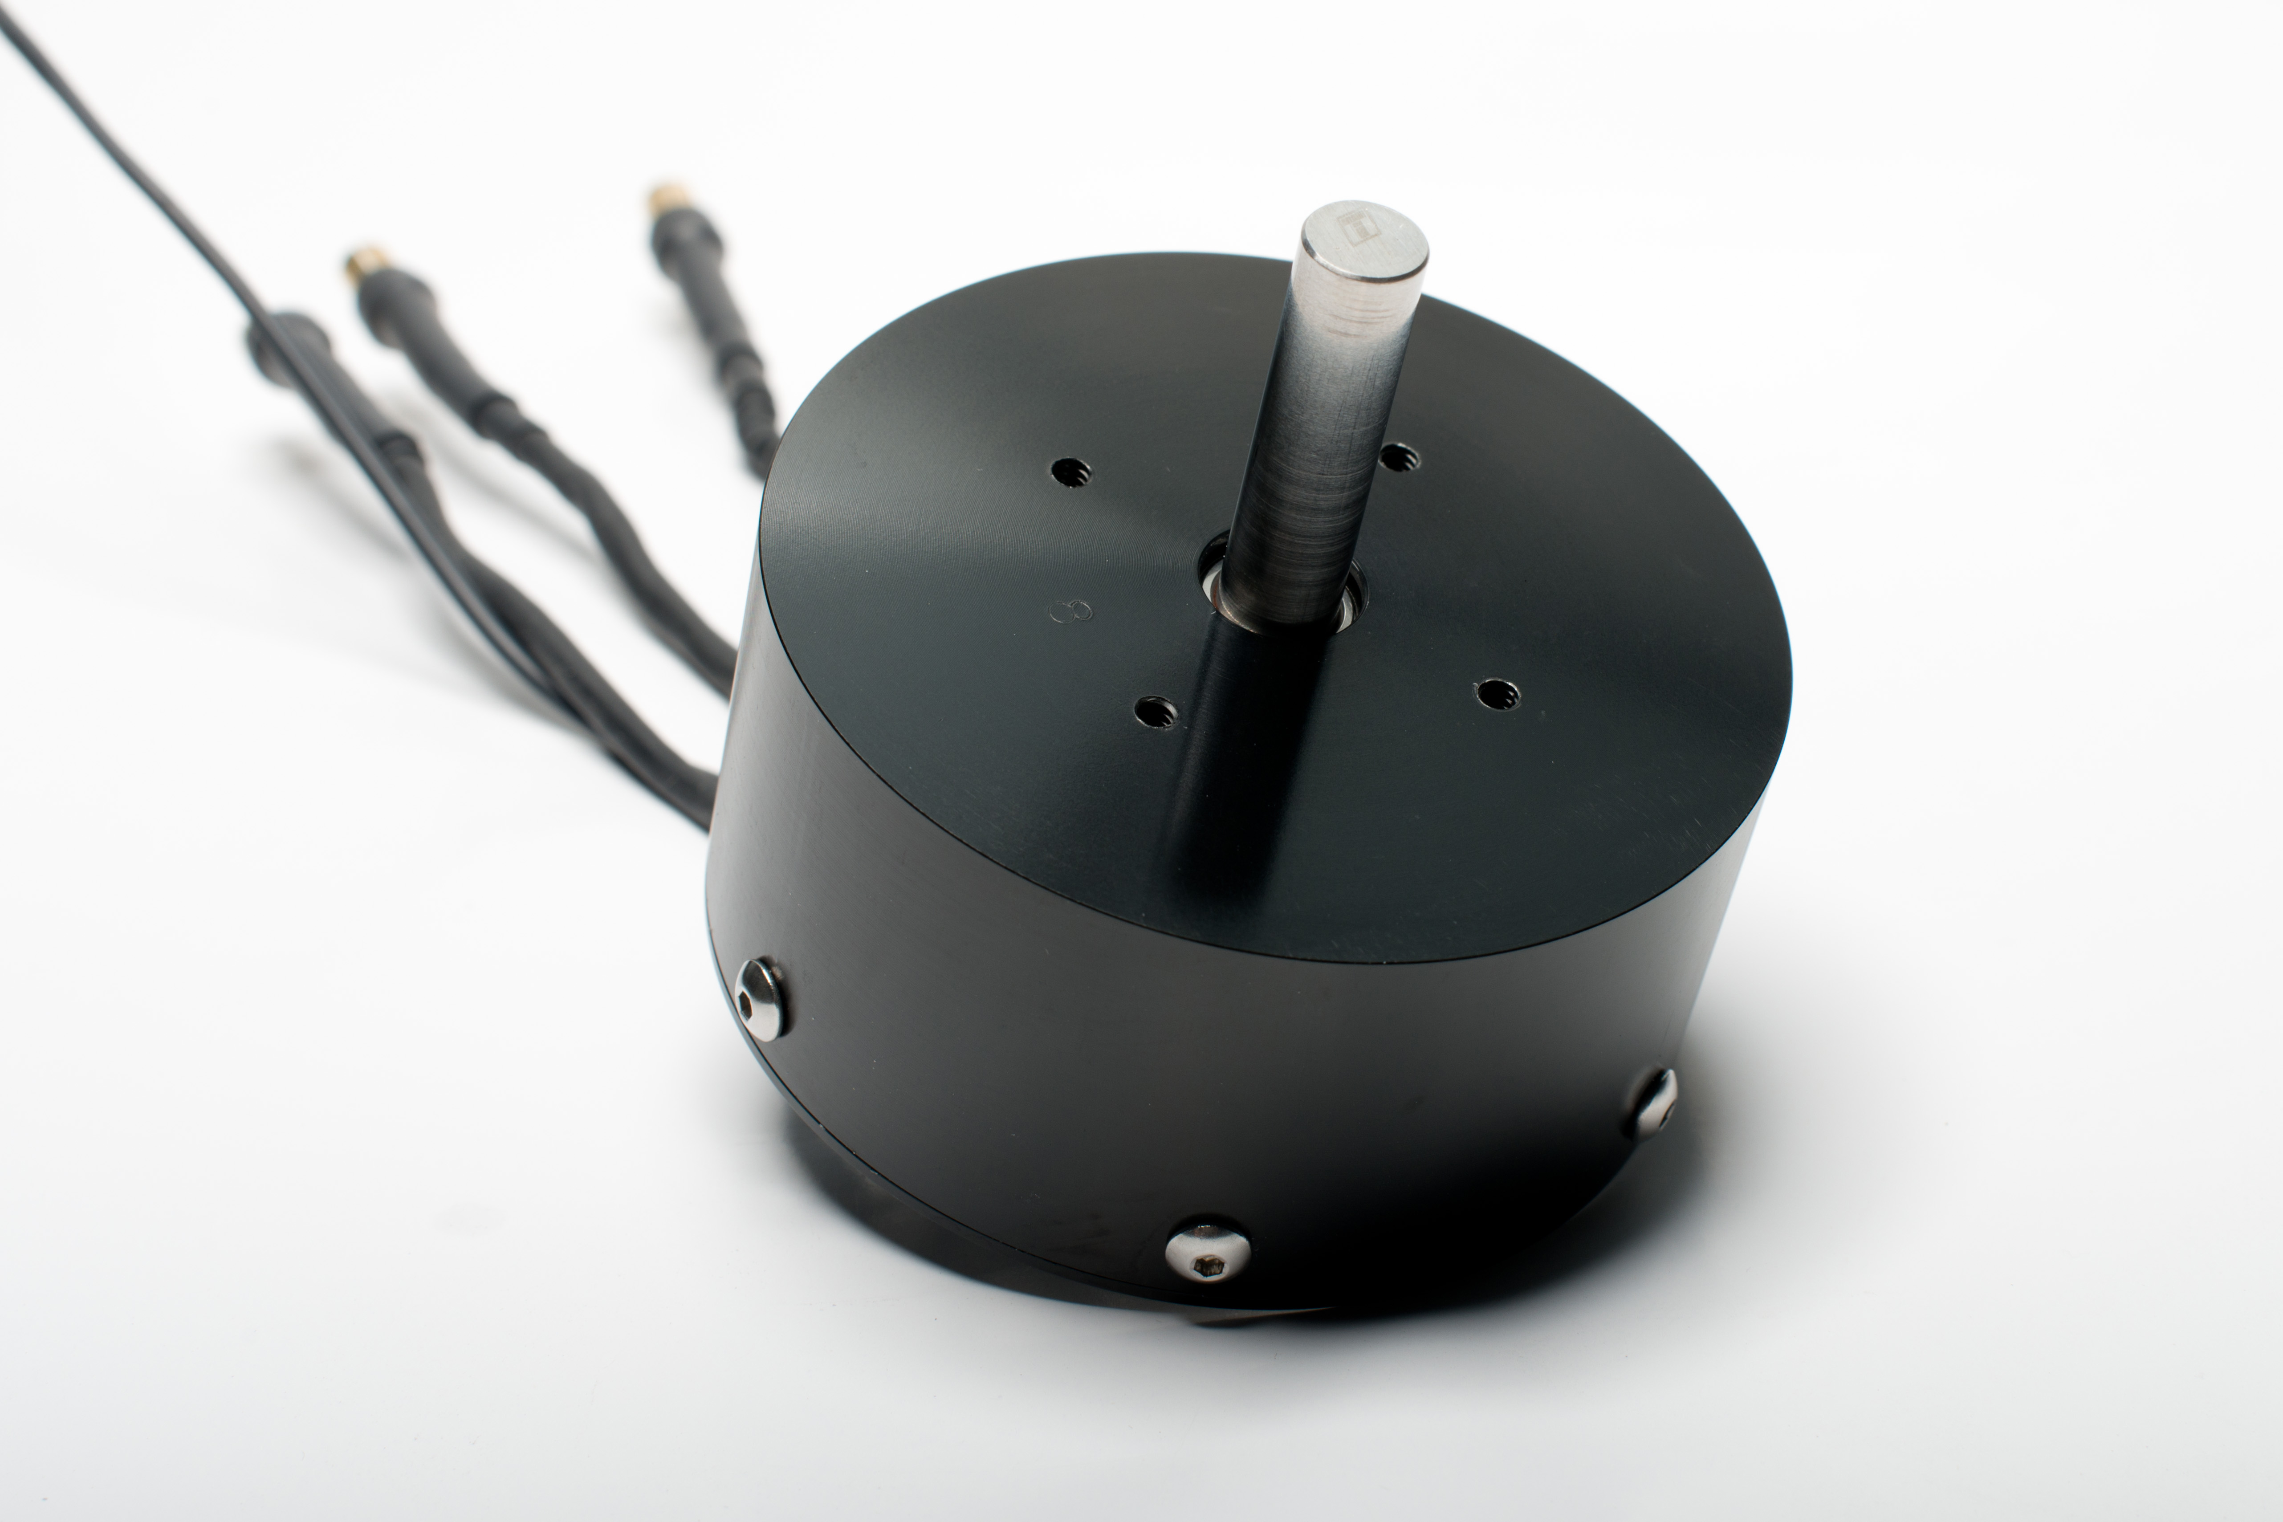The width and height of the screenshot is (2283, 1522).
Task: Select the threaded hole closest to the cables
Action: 1070,474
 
